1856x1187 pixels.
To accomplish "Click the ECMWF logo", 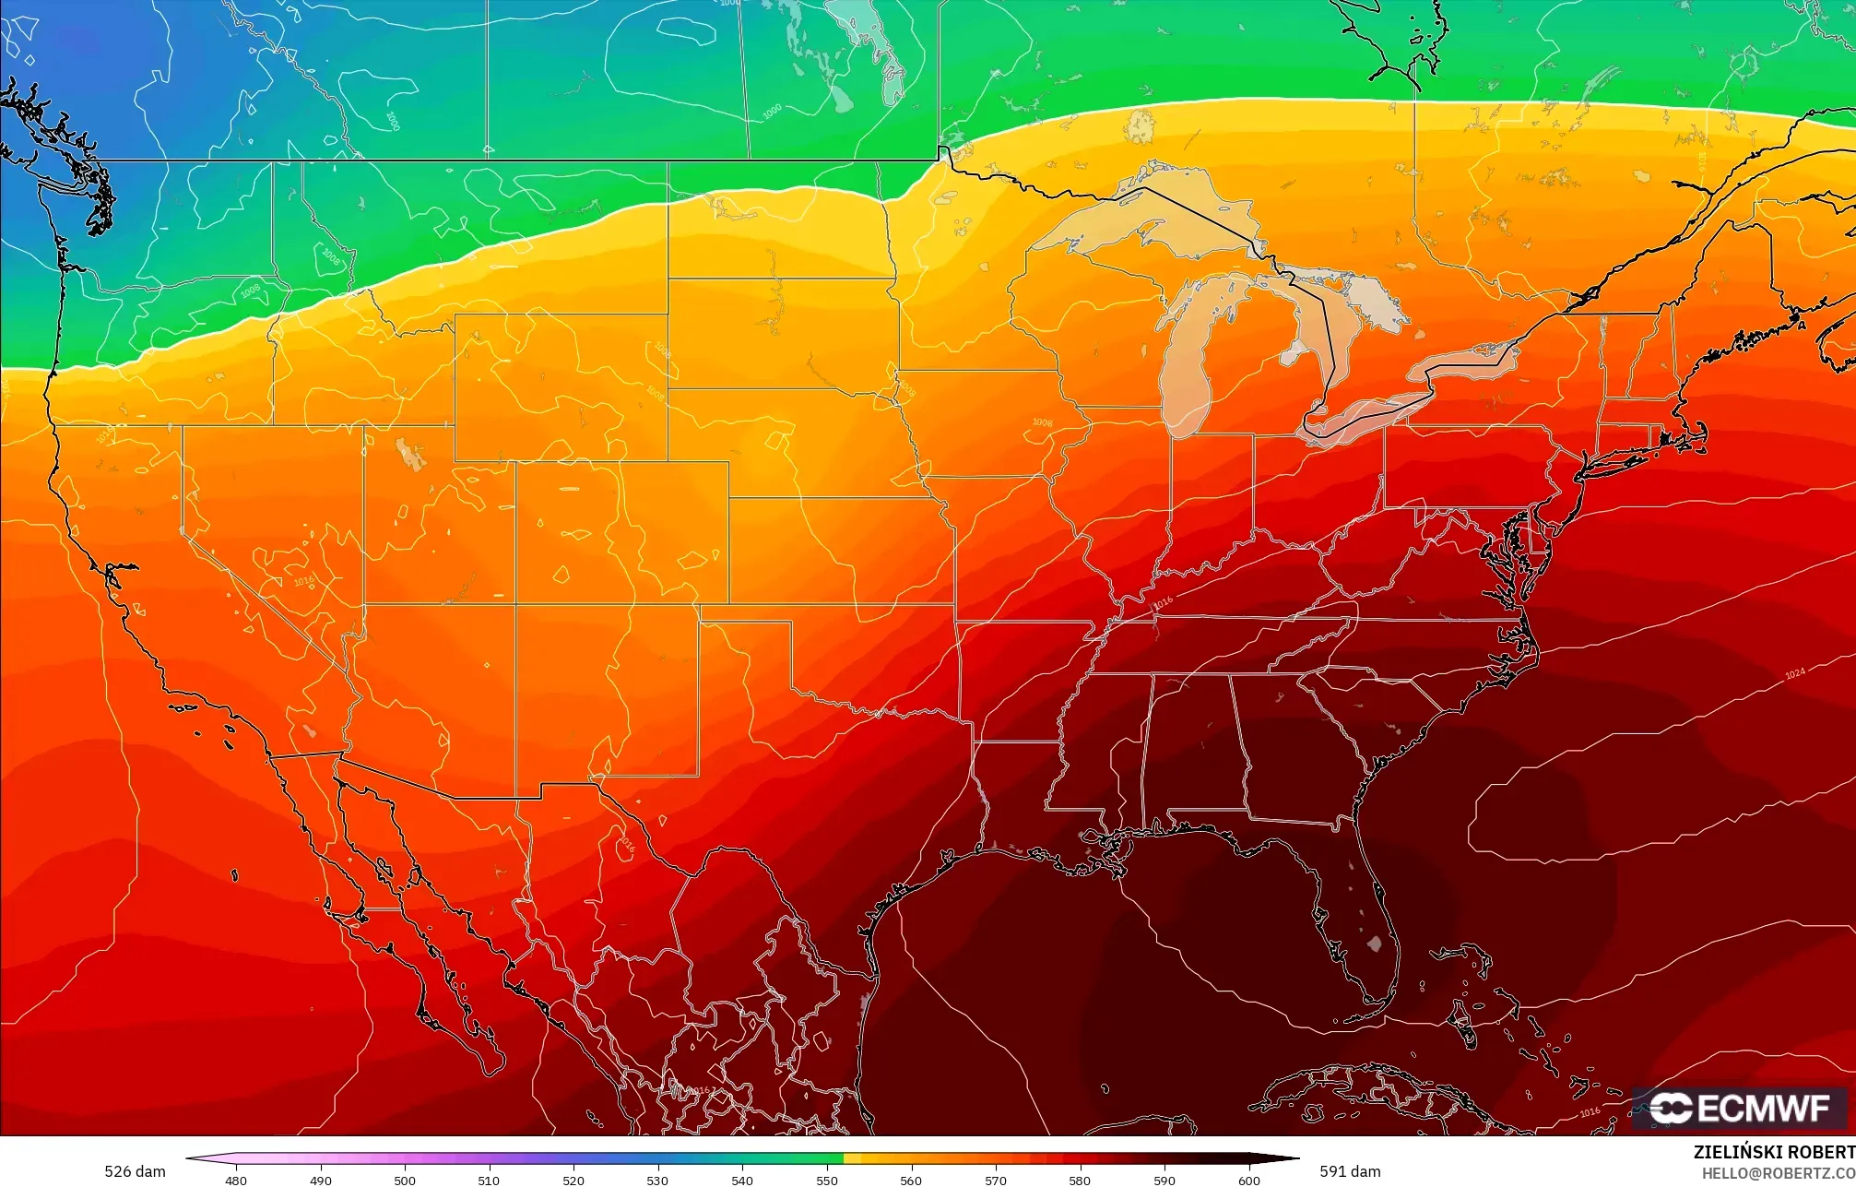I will click(x=1739, y=1108).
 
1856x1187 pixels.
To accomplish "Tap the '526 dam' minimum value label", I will click(x=135, y=1171).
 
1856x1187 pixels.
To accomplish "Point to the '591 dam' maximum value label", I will click(x=1350, y=1171).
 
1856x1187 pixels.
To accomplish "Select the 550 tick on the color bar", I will click(x=827, y=1180).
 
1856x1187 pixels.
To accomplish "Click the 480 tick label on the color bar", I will click(x=236, y=1180).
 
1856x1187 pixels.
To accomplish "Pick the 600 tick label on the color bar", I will click(x=1248, y=1180).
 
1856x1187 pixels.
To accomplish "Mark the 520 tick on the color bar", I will click(x=573, y=1180).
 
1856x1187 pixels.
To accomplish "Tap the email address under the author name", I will click(x=1778, y=1172).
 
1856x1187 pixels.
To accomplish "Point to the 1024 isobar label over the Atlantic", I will click(x=1794, y=673).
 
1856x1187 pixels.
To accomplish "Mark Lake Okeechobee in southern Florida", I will click(x=1374, y=944).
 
